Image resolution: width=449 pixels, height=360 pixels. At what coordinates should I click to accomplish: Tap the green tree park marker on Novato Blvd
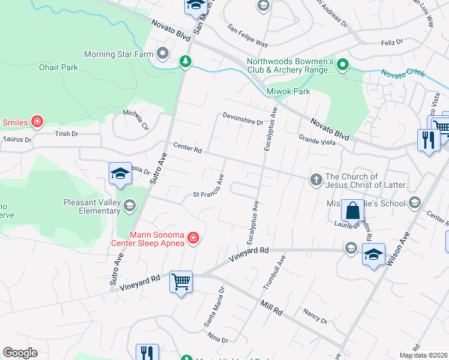pyautogui.click(x=185, y=61)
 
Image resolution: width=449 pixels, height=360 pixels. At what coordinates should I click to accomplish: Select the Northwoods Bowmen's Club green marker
pyautogui.click(x=342, y=64)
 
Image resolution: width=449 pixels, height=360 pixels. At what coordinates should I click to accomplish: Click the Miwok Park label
pyautogui.click(x=288, y=91)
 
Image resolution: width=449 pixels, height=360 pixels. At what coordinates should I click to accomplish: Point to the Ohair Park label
pyautogui.click(x=58, y=68)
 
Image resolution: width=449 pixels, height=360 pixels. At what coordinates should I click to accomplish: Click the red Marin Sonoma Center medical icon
pyautogui.click(x=193, y=239)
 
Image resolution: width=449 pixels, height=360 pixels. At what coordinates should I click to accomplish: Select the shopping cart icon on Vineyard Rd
pyautogui.click(x=181, y=281)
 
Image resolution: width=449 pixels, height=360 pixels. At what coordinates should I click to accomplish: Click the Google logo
pyautogui.click(x=20, y=352)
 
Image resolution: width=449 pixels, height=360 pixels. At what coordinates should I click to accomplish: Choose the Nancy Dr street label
pyautogui.click(x=315, y=316)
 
